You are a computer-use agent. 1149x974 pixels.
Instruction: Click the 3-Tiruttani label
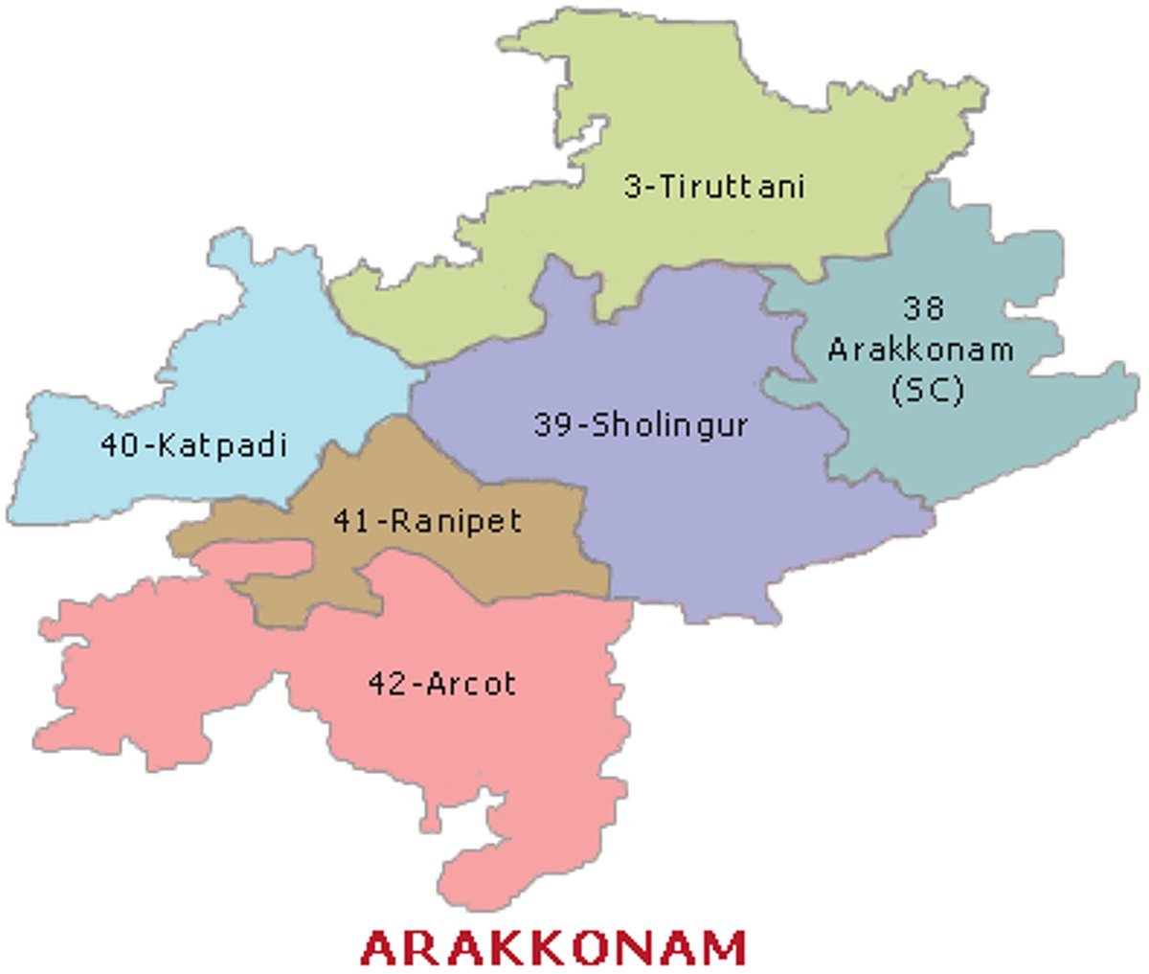[x=713, y=186]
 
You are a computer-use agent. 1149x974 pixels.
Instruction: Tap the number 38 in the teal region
[x=923, y=307]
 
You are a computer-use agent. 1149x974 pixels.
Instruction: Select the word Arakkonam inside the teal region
[x=920, y=349]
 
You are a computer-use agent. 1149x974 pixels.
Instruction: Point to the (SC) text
[x=926, y=390]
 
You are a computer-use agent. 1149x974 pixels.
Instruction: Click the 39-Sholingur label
[x=641, y=424]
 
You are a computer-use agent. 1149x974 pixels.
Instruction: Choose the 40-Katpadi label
[x=193, y=444]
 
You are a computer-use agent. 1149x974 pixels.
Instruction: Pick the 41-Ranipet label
[x=427, y=521]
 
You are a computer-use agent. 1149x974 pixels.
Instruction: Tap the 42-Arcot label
[x=441, y=684]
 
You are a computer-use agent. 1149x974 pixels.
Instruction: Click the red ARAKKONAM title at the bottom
[x=553, y=947]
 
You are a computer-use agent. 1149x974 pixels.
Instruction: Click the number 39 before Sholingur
[x=552, y=424]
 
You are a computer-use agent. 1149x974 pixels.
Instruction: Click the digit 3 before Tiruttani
[x=633, y=186]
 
